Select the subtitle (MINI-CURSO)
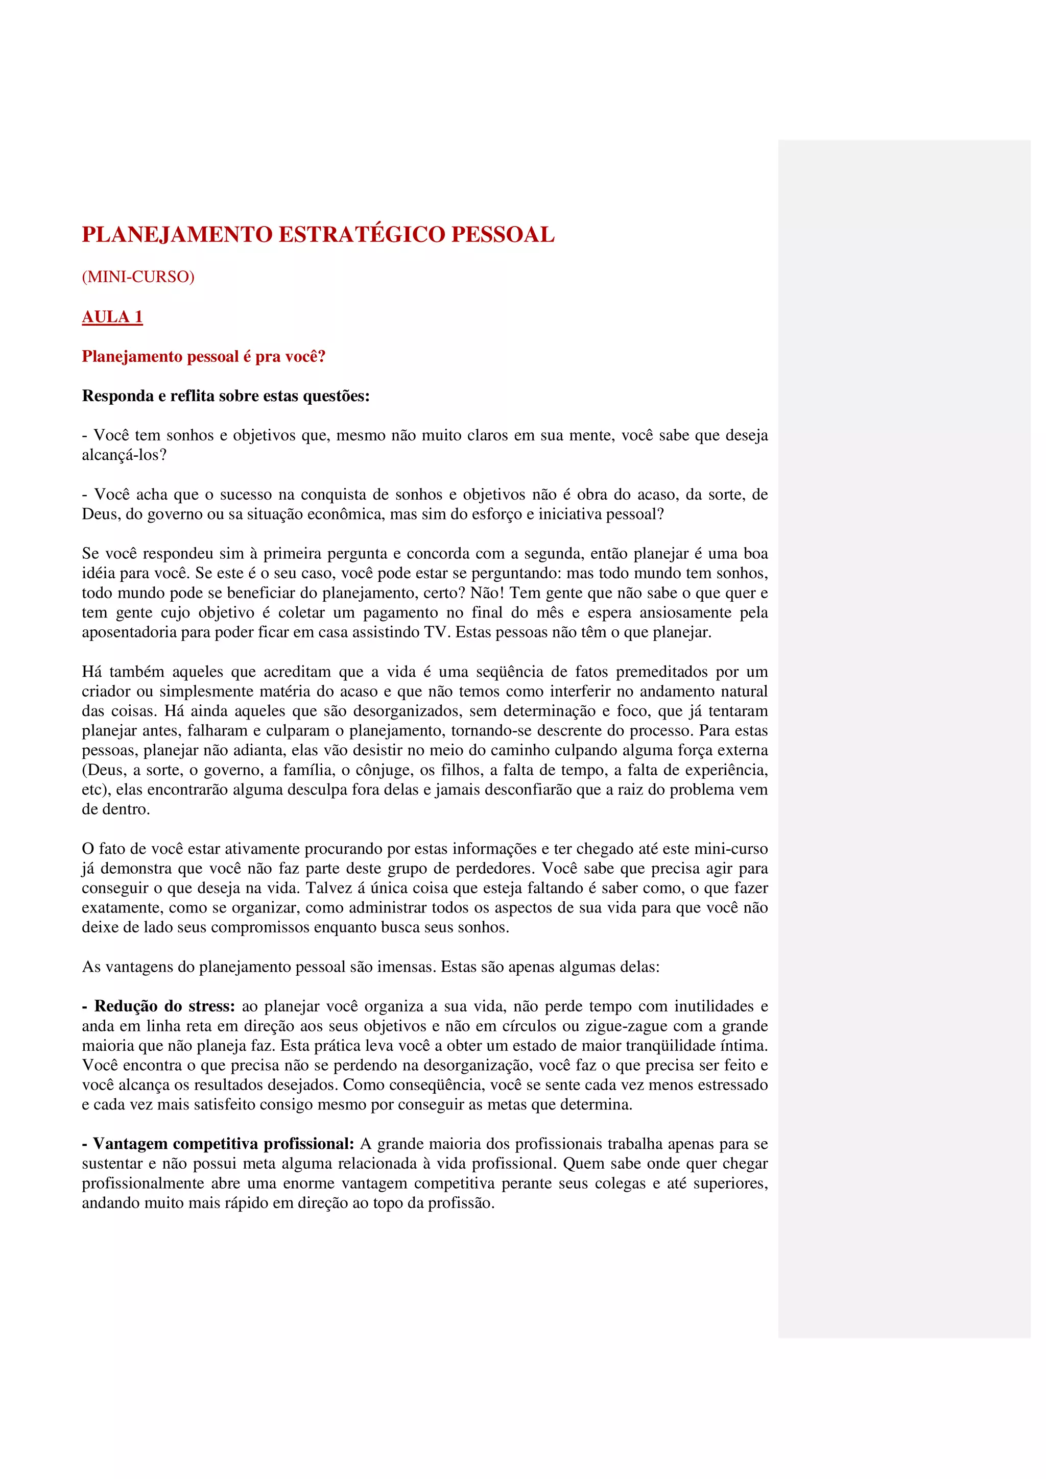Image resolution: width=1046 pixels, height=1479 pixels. click(x=138, y=277)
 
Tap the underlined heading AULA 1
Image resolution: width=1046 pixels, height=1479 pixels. click(x=112, y=317)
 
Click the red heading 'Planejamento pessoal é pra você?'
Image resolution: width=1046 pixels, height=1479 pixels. click(x=204, y=357)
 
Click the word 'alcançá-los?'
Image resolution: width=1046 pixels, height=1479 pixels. click(x=124, y=455)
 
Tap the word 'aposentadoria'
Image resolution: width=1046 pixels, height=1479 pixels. click(x=129, y=632)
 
